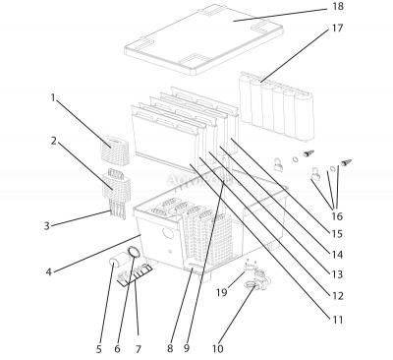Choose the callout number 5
98,347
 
